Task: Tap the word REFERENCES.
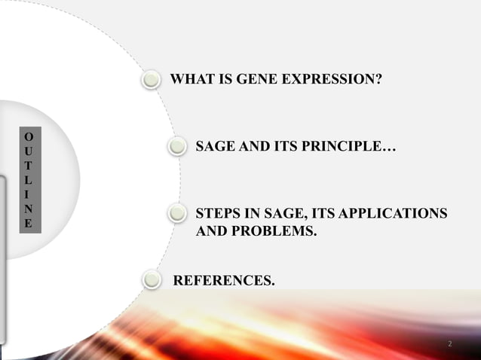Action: click(x=225, y=281)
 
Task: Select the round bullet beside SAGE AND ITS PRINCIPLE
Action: click(x=176, y=146)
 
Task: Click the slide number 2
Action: click(x=449, y=344)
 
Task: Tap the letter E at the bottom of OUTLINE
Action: click(x=28, y=224)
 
